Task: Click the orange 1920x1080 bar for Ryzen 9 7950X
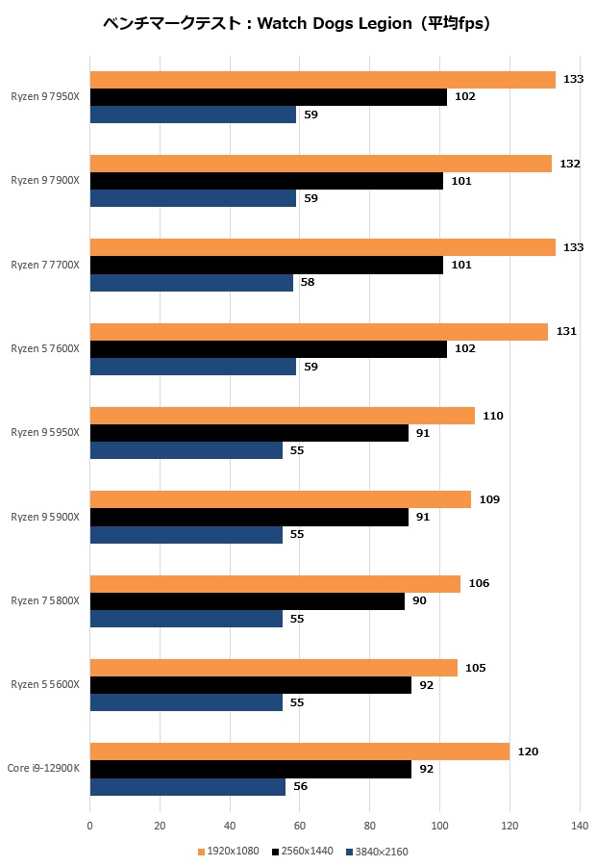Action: (x=322, y=80)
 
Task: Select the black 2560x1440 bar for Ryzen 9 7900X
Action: (x=266, y=181)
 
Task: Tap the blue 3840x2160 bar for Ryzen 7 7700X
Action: (x=191, y=282)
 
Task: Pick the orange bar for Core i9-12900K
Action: (x=299, y=751)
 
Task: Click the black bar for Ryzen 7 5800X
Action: (x=247, y=601)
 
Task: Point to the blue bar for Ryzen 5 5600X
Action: (x=186, y=702)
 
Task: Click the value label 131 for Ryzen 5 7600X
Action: (x=566, y=332)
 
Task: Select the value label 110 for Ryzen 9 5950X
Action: (x=493, y=416)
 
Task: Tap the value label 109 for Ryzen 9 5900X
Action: (x=489, y=499)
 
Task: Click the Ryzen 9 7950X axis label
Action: (x=45, y=97)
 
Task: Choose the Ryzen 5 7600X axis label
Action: (x=45, y=348)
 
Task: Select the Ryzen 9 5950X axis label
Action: (x=45, y=432)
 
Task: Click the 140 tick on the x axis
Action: (x=580, y=826)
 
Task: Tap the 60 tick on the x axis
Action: (x=300, y=826)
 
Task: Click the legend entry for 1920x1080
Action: (x=229, y=851)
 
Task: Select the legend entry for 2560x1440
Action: (x=303, y=851)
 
